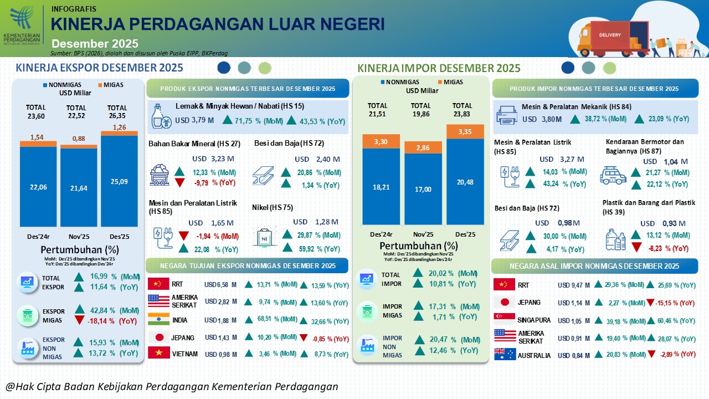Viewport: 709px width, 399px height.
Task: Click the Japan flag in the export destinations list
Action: click(158, 337)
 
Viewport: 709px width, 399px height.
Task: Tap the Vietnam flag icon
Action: click(158, 354)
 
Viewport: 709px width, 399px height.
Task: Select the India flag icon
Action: click(158, 320)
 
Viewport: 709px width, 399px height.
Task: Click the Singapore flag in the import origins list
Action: click(504, 320)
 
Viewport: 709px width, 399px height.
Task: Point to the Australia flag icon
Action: click(504, 355)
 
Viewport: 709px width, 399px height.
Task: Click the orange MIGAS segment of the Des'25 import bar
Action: click(465, 131)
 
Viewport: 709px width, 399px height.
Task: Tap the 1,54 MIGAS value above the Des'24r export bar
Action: click(37, 137)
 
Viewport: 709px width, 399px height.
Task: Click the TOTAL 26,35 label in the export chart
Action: click(117, 112)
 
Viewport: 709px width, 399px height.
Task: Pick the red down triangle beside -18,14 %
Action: click(79, 320)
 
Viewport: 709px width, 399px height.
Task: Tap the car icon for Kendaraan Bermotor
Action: click(613, 175)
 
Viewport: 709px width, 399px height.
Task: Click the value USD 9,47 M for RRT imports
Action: click(574, 285)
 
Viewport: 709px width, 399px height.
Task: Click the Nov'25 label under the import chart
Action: click(423, 234)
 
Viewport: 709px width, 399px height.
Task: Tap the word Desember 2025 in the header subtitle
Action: click(95, 44)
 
